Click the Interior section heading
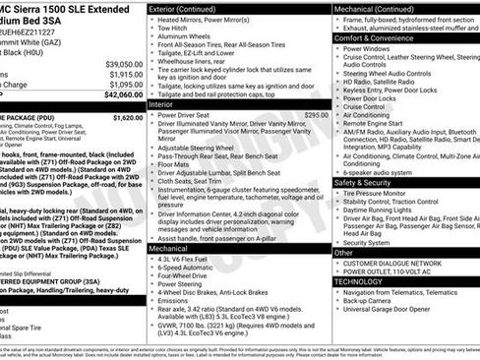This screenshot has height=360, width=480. [x=163, y=103]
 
